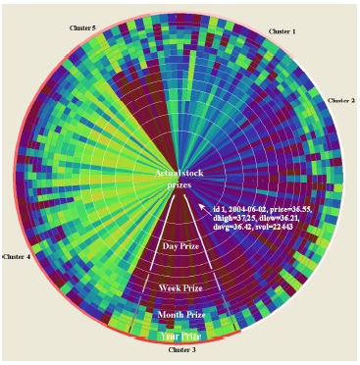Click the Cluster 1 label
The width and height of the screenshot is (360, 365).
[x=283, y=31]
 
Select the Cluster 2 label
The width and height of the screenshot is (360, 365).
[x=340, y=100]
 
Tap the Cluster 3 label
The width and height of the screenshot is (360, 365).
[x=181, y=349]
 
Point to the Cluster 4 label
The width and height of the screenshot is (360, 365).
[x=17, y=256]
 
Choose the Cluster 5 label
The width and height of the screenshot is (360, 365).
[x=81, y=28]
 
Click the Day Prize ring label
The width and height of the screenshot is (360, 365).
[x=180, y=245]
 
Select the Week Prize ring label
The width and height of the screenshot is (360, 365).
[x=180, y=288]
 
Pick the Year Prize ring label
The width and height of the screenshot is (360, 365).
[x=180, y=336]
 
